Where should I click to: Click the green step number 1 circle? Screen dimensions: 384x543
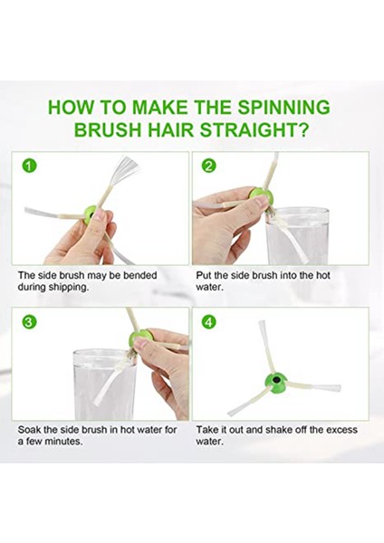30,167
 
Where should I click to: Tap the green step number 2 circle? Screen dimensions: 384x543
208,167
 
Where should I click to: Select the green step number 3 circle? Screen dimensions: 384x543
30,322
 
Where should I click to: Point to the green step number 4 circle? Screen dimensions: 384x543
208,322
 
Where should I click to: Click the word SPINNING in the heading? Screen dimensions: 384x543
283,107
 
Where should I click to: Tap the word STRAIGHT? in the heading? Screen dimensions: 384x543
254,130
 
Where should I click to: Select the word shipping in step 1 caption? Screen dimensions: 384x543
67,288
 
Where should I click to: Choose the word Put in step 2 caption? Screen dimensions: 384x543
204,276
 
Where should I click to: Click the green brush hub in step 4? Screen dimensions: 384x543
275,381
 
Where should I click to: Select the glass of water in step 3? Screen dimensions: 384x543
105,385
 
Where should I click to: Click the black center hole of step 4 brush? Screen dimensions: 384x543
277,379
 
